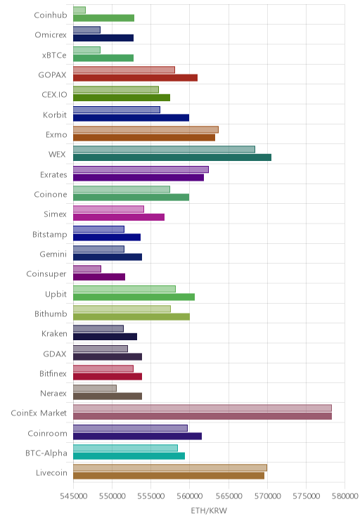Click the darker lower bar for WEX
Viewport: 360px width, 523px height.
pos(172,157)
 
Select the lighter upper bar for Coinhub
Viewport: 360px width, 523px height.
pos(79,10)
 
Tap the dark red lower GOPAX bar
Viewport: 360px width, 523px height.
pos(136,78)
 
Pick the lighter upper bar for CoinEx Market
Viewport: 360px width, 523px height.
pos(202,408)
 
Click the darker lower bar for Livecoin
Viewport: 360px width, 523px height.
pos(169,476)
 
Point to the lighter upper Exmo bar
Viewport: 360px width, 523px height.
pos(146,129)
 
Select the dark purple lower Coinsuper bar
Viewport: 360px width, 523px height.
pos(99,277)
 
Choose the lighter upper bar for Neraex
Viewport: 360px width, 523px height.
pos(95,388)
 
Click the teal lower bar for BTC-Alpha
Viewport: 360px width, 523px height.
pos(129,456)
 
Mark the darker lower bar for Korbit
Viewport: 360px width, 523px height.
pos(131,117)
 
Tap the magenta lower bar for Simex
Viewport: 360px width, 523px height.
pos(119,217)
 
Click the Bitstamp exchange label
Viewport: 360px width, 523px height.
pos(50,235)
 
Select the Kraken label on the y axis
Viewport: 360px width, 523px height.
pos(54,333)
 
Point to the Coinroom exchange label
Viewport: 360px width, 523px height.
pos(47,433)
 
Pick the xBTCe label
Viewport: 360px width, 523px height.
pos(54,55)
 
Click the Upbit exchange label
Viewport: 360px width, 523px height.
pos(56,294)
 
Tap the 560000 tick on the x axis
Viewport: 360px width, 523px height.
pos(190,496)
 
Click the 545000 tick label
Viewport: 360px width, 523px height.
pos(73,496)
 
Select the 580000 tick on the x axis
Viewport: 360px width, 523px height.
pos(345,496)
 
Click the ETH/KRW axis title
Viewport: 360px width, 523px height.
pos(209,510)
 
